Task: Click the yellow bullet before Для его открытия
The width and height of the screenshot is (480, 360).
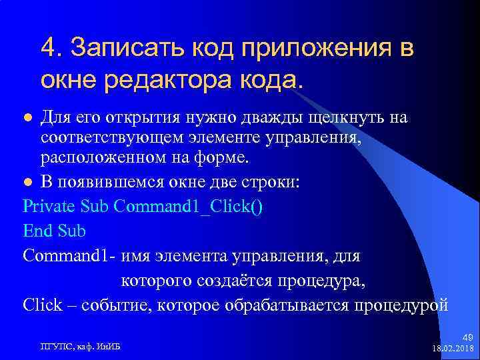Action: [28, 118]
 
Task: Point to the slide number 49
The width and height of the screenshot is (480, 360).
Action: [467, 339]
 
